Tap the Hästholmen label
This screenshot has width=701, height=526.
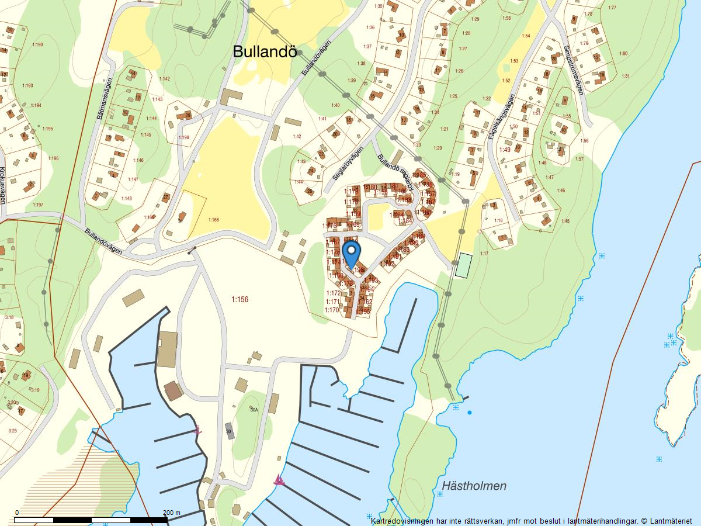click(x=474, y=486)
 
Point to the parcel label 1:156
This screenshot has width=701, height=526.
click(x=240, y=300)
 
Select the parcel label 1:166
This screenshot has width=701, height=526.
click(x=213, y=220)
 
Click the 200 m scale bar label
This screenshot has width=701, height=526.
click(x=171, y=513)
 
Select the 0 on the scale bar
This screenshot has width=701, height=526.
click(x=16, y=513)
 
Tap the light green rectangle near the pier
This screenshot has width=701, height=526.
click(x=464, y=265)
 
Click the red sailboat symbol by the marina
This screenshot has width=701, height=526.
click(x=279, y=480)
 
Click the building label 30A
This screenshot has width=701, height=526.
click(x=254, y=410)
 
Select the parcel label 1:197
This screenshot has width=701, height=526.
click(x=38, y=205)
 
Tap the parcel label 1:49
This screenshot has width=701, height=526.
click(x=505, y=150)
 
